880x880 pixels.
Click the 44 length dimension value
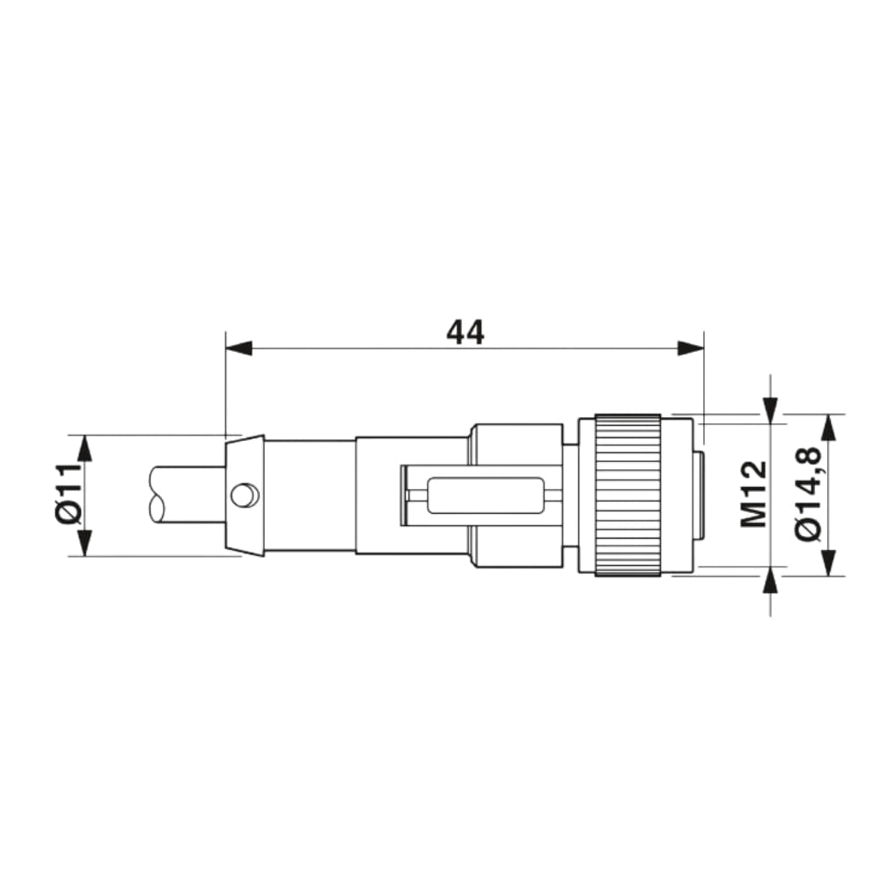[x=465, y=332]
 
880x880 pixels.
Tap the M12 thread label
[x=753, y=495]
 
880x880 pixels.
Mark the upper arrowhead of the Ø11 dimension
[x=84, y=448]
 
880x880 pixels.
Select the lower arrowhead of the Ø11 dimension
[x=84, y=543]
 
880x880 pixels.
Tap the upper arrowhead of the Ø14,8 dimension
[x=828, y=428]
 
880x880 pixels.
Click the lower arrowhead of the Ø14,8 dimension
[x=828, y=562]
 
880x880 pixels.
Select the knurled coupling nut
[x=627, y=495]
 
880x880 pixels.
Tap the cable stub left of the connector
[x=185, y=495]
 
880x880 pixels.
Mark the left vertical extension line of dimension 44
[x=225, y=387]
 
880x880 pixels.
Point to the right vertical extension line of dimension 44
[x=704, y=378]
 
